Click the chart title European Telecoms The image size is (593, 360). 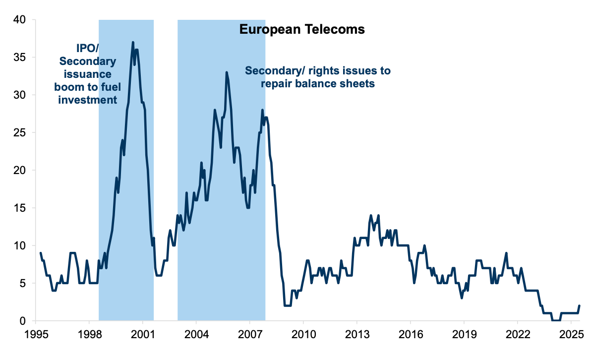point(302,30)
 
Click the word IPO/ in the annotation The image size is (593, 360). point(88,49)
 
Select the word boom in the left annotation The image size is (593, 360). point(71,87)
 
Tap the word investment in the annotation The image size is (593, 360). point(88,100)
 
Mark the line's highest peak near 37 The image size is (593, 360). point(133,42)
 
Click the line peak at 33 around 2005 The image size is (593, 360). point(227,72)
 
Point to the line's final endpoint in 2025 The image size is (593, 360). point(579,306)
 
